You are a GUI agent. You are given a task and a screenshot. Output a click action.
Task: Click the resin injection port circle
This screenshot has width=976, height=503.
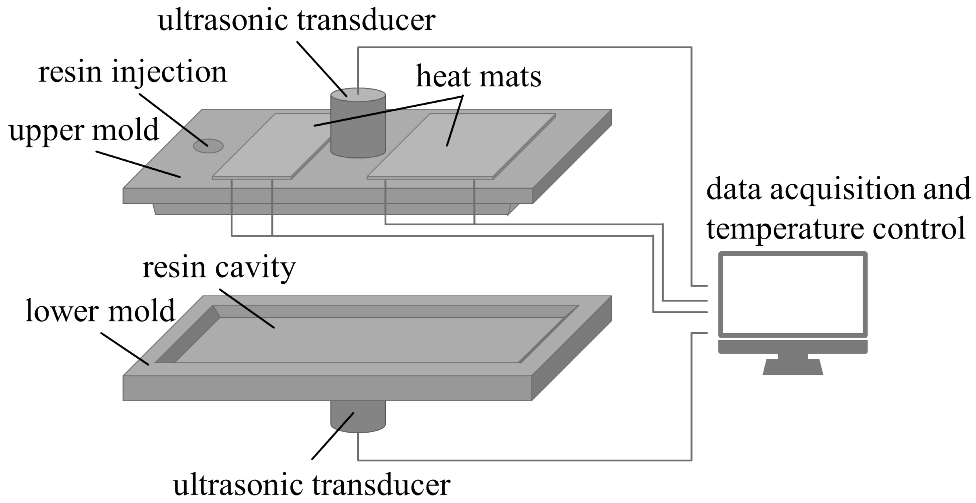click(x=208, y=146)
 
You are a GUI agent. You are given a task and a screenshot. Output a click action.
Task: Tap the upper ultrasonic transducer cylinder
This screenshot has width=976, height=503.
click(x=358, y=124)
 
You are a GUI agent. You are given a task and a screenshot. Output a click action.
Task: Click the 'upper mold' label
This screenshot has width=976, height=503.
click(x=84, y=130)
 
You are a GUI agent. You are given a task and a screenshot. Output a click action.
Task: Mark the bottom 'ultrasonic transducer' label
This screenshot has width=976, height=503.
click(x=312, y=485)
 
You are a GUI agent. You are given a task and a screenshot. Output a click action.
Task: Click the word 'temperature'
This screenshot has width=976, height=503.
click(x=785, y=228)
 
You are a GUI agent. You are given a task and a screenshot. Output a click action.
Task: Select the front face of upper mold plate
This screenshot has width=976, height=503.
click(x=327, y=195)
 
